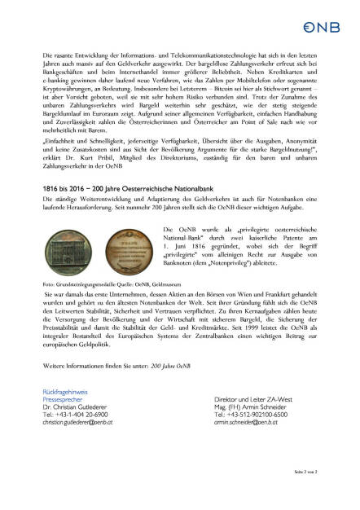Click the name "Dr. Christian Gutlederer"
pos(77,407)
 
